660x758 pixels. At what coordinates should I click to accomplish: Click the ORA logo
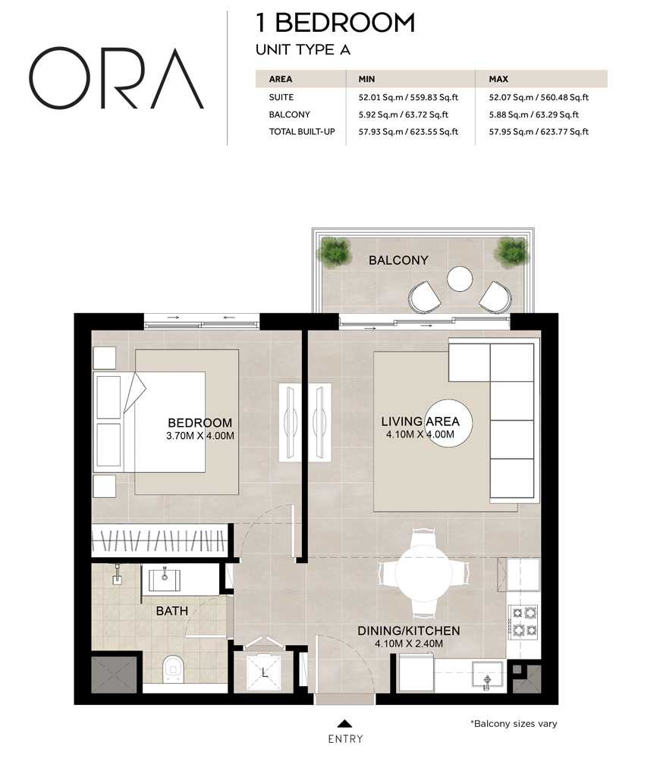click(116, 78)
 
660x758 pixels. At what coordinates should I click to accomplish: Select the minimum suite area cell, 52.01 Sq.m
click(408, 97)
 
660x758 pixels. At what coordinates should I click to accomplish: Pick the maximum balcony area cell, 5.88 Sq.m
click(534, 114)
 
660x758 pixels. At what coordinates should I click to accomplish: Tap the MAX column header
click(498, 79)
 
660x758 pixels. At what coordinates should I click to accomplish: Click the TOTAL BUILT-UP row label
click(302, 131)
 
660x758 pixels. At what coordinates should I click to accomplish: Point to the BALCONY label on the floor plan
click(398, 260)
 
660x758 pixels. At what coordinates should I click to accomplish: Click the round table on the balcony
click(459, 279)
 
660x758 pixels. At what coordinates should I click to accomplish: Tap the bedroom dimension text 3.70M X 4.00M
click(200, 436)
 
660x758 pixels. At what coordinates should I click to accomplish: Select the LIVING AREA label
click(420, 421)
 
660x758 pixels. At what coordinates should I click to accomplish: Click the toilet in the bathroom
click(173, 669)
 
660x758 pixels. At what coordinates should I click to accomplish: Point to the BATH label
click(171, 611)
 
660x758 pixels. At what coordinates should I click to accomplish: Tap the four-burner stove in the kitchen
click(524, 622)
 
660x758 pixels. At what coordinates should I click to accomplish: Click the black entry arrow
click(344, 723)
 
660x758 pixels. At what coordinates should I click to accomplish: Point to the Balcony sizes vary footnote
click(514, 724)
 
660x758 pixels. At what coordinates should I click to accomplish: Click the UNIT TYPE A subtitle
click(303, 50)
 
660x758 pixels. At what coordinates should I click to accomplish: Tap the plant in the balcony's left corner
click(335, 252)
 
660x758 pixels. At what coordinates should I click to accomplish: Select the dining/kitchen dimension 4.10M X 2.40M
click(409, 644)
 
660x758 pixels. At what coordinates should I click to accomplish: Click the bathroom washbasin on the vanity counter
click(165, 580)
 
